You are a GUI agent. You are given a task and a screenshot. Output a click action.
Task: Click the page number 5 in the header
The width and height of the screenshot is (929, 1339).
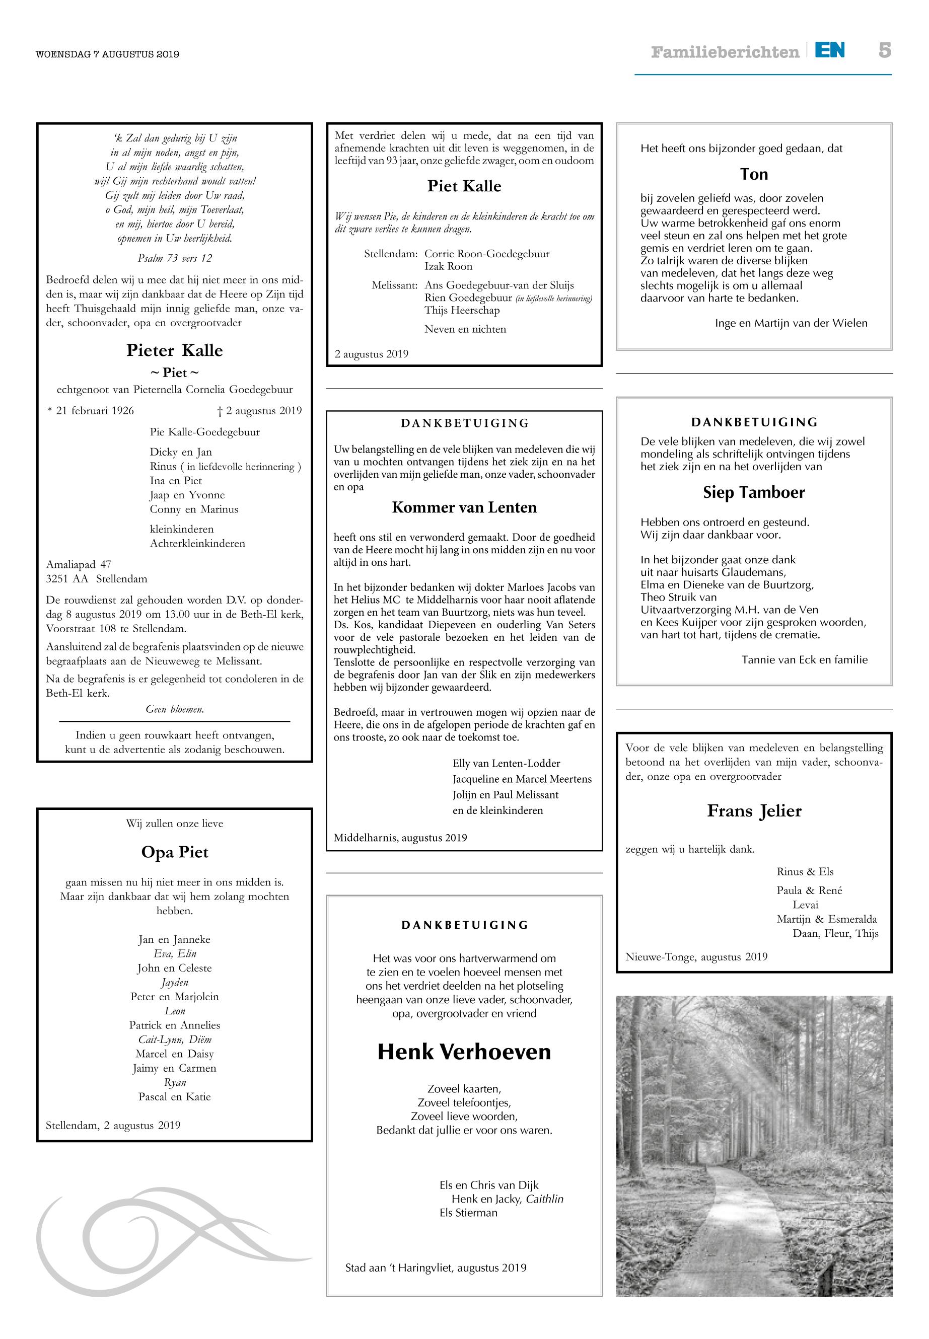click(x=884, y=51)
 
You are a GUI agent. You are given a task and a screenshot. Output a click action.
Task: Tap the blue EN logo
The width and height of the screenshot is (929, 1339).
click(x=829, y=51)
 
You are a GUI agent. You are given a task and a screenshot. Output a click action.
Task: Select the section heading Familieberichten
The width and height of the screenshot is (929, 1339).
click(x=725, y=52)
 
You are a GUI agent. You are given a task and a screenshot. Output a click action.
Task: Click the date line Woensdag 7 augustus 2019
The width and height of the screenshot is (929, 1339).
click(x=108, y=54)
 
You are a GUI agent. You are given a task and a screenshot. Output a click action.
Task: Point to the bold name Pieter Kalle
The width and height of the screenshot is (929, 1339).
click(x=175, y=350)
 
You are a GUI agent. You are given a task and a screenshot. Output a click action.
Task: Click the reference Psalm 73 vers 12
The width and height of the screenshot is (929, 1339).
click(x=175, y=258)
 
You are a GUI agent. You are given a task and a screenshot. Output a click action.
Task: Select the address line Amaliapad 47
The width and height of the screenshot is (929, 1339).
click(x=79, y=564)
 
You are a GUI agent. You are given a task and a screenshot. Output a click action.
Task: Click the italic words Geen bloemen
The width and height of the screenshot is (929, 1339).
click(x=175, y=709)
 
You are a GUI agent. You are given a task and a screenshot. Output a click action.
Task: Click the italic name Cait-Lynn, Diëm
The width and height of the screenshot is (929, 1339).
click(x=175, y=1039)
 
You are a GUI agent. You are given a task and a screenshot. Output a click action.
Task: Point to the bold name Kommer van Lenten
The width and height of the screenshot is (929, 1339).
click(x=464, y=507)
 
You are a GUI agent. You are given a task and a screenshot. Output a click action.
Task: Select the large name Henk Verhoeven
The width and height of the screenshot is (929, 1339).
click(x=464, y=1052)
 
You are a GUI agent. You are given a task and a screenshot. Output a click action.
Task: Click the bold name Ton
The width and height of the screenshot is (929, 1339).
click(x=754, y=175)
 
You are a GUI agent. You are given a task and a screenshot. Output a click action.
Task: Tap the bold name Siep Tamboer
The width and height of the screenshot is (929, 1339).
click(x=754, y=492)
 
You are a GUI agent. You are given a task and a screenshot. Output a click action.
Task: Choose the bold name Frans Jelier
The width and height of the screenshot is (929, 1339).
click(x=754, y=810)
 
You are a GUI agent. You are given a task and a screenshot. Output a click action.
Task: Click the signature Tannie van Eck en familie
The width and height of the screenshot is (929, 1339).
click(x=805, y=660)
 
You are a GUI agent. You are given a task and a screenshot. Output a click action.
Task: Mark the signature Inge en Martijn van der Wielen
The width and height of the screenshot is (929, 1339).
click(x=791, y=323)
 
